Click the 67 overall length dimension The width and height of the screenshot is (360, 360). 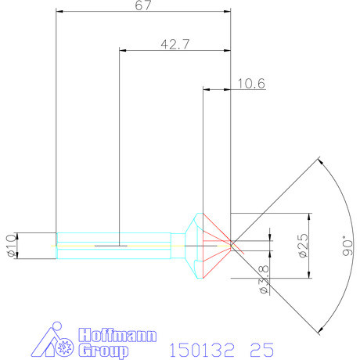point(143,5)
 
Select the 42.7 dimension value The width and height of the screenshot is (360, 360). point(175,45)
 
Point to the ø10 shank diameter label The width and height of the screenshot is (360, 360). point(10,245)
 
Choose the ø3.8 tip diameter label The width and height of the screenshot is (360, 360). point(263,279)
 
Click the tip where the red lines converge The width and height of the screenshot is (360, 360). point(232,245)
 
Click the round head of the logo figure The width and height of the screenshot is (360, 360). point(52,326)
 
